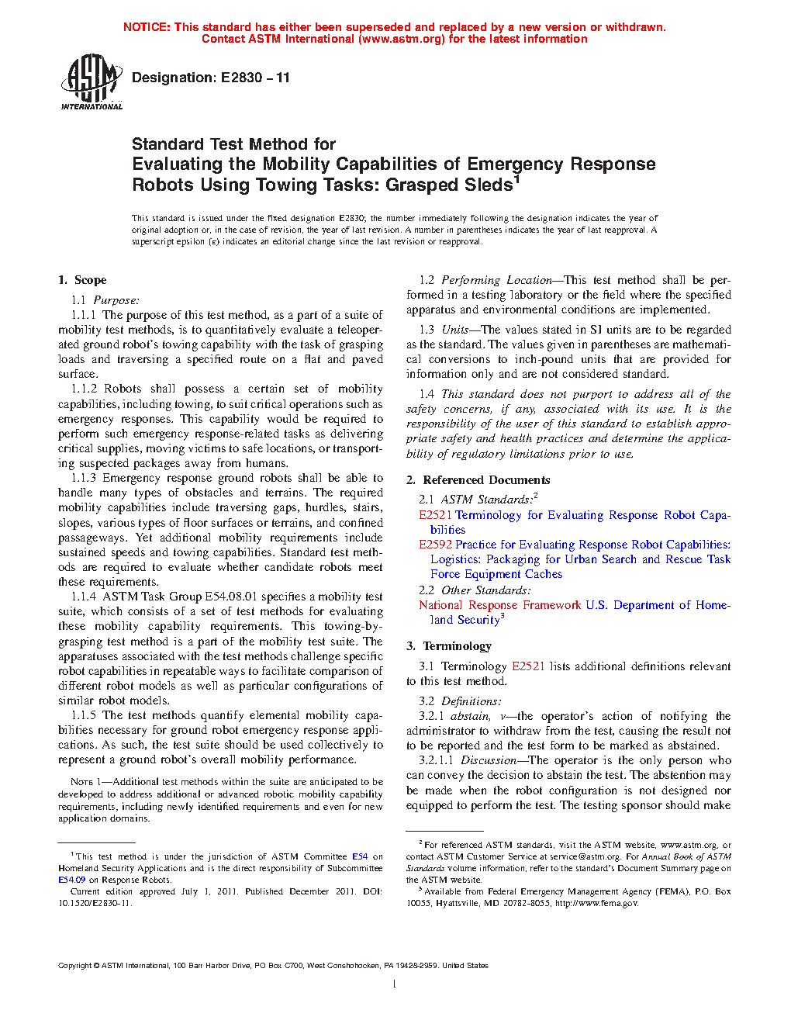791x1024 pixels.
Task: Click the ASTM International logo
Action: click(x=92, y=81)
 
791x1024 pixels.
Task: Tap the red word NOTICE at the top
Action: click(x=147, y=27)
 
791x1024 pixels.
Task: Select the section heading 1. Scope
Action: click(x=82, y=280)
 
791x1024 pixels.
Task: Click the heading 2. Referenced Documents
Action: click(x=478, y=480)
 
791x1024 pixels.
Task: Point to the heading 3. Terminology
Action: click(x=448, y=646)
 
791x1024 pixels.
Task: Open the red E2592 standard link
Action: click(x=435, y=545)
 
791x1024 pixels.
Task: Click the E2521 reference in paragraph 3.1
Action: click(x=528, y=666)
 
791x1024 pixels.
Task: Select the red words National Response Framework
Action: click(x=499, y=605)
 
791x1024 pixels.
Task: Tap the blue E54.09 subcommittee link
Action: click(x=71, y=880)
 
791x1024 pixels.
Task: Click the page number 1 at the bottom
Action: click(x=395, y=984)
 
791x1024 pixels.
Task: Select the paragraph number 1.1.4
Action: click(x=84, y=597)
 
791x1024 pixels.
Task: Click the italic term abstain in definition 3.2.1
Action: click(x=470, y=716)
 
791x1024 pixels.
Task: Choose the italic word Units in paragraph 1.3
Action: click(x=455, y=330)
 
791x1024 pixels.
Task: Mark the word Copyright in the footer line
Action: click(x=74, y=966)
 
